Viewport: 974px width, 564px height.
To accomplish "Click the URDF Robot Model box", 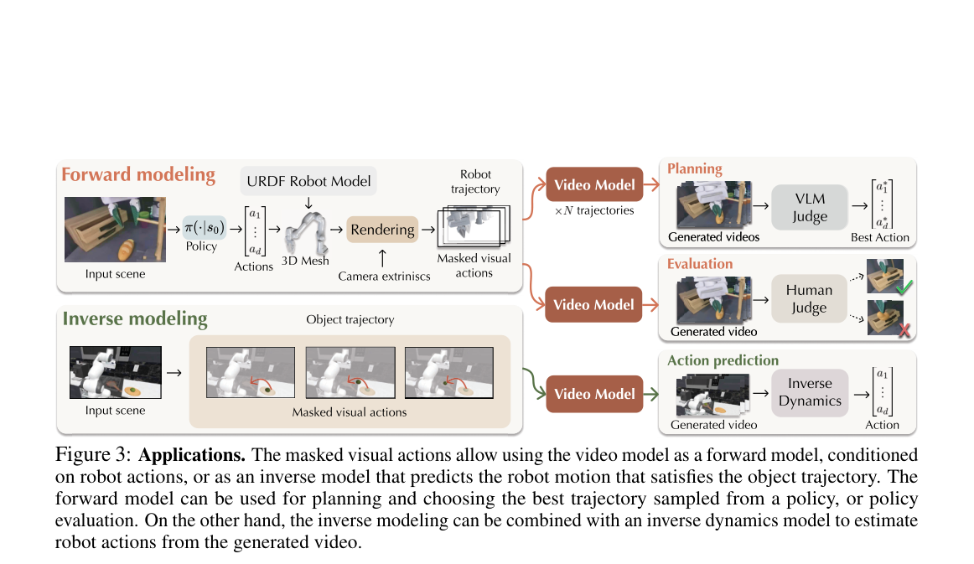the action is pyautogui.click(x=308, y=181).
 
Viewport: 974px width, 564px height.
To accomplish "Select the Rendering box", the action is pyautogui.click(x=382, y=229).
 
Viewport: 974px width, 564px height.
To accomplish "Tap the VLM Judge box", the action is pyautogui.click(x=810, y=207).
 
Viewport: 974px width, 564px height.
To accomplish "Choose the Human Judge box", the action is pyautogui.click(x=809, y=298).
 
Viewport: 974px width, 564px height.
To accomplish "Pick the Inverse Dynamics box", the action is pyautogui.click(x=810, y=392).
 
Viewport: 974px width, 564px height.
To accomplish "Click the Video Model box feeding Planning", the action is pyautogui.click(x=594, y=184).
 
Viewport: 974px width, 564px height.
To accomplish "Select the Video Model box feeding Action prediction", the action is pyautogui.click(x=594, y=394).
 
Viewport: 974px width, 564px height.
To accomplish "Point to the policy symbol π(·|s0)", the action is pyautogui.click(x=205, y=227).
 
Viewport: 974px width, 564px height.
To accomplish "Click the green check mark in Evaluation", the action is pyautogui.click(x=904, y=287).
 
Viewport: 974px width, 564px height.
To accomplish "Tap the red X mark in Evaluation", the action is pyautogui.click(x=904, y=330).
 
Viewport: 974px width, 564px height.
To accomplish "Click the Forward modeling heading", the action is pyautogui.click(x=138, y=174).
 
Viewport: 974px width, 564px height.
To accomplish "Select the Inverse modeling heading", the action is pyautogui.click(x=135, y=318).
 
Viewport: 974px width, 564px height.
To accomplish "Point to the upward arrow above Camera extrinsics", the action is pyautogui.click(x=382, y=258).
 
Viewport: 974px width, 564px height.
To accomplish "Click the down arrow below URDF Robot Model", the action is pyautogui.click(x=308, y=203).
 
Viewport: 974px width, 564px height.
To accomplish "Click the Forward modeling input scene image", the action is pyautogui.click(x=115, y=229).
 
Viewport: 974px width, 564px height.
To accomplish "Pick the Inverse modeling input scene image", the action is pyautogui.click(x=116, y=372).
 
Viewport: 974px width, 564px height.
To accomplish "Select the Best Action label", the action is pyautogui.click(x=879, y=237).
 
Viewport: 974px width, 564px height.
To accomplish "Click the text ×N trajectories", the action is pyautogui.click(x=593, y=210).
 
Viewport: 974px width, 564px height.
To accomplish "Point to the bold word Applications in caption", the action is pyautogui.click(x=191, y=455).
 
